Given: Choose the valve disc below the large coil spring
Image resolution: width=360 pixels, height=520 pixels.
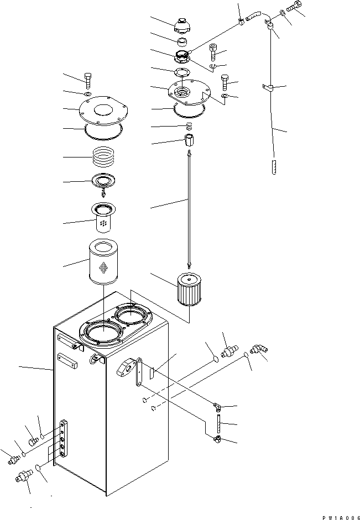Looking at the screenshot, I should [x=104, y=181].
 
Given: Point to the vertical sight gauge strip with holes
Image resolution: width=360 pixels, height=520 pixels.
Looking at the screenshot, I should [x=65, y=439].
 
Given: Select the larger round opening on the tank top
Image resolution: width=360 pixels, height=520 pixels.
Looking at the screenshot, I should [x=103, y=335].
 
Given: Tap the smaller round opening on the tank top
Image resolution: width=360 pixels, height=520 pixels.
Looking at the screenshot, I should [x=132, y=317].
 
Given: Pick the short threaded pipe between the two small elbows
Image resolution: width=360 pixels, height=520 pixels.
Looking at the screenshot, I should [x=218, y=424].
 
